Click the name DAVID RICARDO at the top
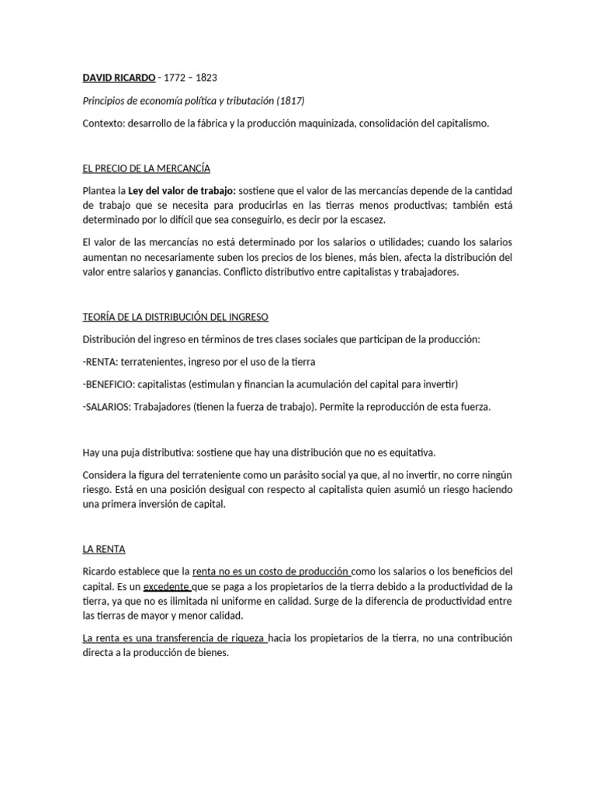click(118, 78)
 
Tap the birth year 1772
click(173, 78)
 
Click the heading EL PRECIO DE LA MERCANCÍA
click(146, 168)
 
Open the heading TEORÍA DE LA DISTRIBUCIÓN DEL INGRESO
click(175, 317)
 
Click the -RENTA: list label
click(99, 362)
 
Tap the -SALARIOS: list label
click(106, 407)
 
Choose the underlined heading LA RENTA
click(104, 549)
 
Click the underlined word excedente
click(166, 586)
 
